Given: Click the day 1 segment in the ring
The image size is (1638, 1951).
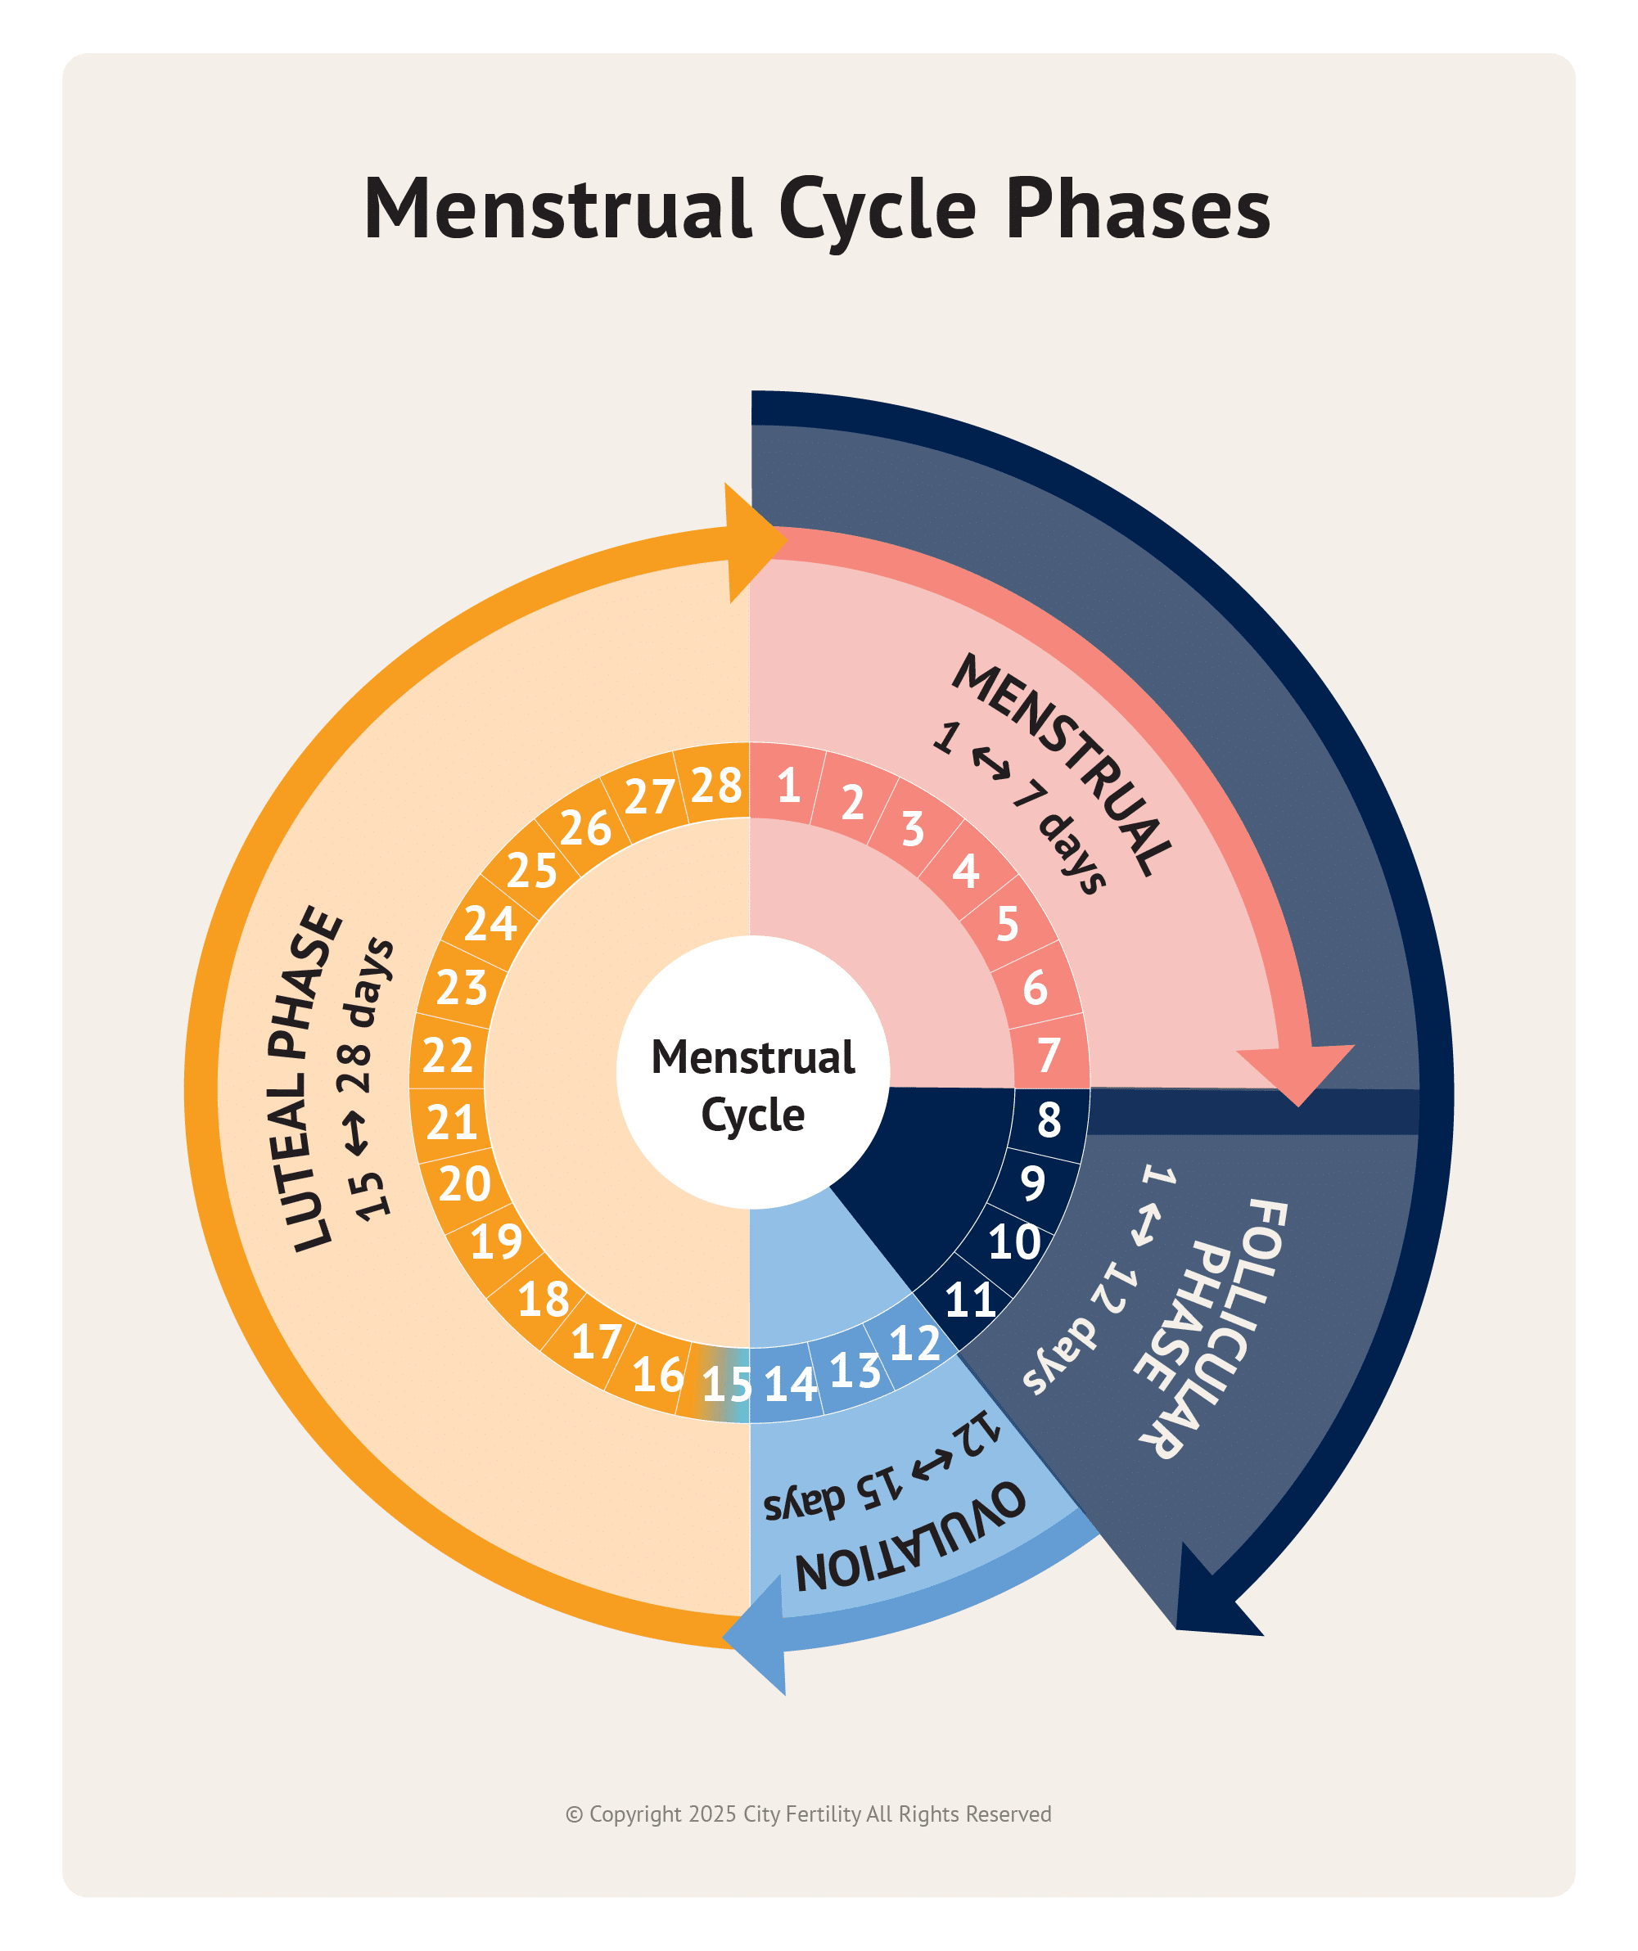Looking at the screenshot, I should [787, 785].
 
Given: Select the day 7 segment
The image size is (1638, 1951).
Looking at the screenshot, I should [1048, 1054].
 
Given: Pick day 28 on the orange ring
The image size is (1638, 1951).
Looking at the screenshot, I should [716, 786].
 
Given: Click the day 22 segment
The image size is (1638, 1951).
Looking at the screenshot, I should [448, 1056].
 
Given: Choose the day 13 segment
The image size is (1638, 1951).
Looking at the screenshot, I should [855, 1370].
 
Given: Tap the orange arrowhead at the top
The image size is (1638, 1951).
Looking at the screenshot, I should [751, 543].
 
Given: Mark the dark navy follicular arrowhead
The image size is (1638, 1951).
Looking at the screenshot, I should [1213, 1598].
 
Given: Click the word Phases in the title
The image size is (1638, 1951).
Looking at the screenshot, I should [1138, 209].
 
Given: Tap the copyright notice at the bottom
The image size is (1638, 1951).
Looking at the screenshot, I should [808, 1814].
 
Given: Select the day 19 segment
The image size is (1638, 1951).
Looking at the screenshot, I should [496, 1241].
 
